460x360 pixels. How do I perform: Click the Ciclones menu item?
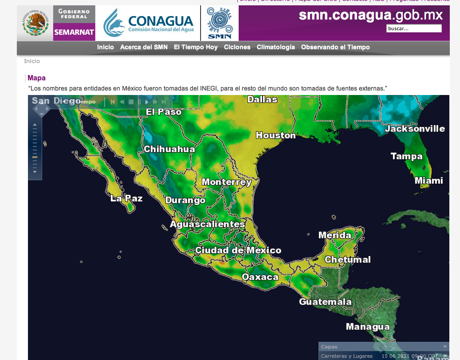coord(237,47)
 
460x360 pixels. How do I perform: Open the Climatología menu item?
coord(275,47)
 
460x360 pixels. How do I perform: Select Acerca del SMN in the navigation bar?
coord(144,47)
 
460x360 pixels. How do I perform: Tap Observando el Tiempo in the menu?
coord(335,47)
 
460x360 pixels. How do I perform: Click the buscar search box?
coord(414,28)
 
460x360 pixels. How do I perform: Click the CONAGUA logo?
coord(149,23)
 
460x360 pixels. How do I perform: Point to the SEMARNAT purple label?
coord(74,32)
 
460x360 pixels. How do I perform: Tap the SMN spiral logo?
coord(220,23)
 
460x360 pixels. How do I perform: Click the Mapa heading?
coord(36,78)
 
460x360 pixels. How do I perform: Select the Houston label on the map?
coord(275,135)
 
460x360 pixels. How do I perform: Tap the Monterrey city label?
coord(226,182)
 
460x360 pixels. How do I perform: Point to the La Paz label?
coord(126,198)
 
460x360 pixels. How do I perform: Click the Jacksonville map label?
coord(414,129)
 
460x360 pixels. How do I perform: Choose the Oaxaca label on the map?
coord(260,277)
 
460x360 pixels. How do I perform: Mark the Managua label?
coord(368,327)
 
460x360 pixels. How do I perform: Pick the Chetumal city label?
coord(347,260)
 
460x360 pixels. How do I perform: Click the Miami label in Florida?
coord(429,181)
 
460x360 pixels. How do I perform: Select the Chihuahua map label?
coord(169,149)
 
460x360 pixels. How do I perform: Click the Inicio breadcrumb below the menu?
coord(32,61)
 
